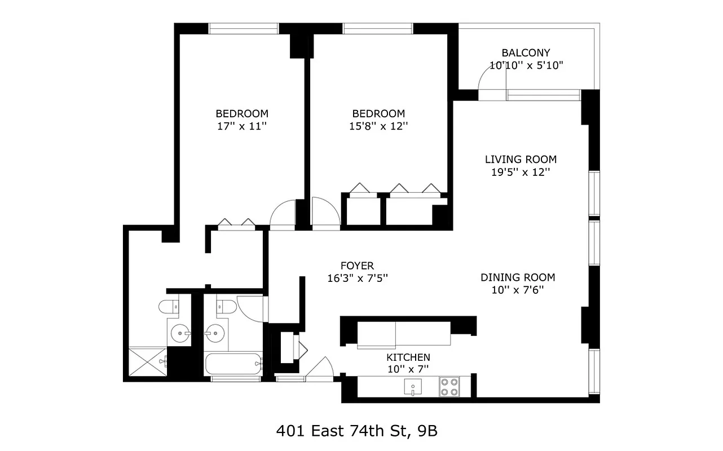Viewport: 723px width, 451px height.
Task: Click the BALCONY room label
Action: coord(526,53)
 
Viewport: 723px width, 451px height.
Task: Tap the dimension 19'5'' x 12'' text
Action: coord(520,173)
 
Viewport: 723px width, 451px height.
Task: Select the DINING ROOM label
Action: coord(518,277)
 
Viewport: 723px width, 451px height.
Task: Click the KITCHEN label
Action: coord(408,357)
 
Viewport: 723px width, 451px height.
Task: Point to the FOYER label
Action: coord(357,266)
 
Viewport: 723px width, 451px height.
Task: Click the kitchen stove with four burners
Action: coord(449,387)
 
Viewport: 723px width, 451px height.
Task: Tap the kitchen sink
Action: coord(413,387)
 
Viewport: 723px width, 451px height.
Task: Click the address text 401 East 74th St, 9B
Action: coord(356,432)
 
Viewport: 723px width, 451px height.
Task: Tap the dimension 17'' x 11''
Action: coord(242,126)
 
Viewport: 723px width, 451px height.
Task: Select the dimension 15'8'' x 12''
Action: coord(378,126)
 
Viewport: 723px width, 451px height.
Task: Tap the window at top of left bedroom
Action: coord(244,28)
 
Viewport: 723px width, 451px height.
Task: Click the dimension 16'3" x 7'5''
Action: coord(357,278)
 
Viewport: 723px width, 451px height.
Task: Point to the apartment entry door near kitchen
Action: coord(319,367)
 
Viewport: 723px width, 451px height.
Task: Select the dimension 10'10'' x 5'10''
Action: coord(526,65)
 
